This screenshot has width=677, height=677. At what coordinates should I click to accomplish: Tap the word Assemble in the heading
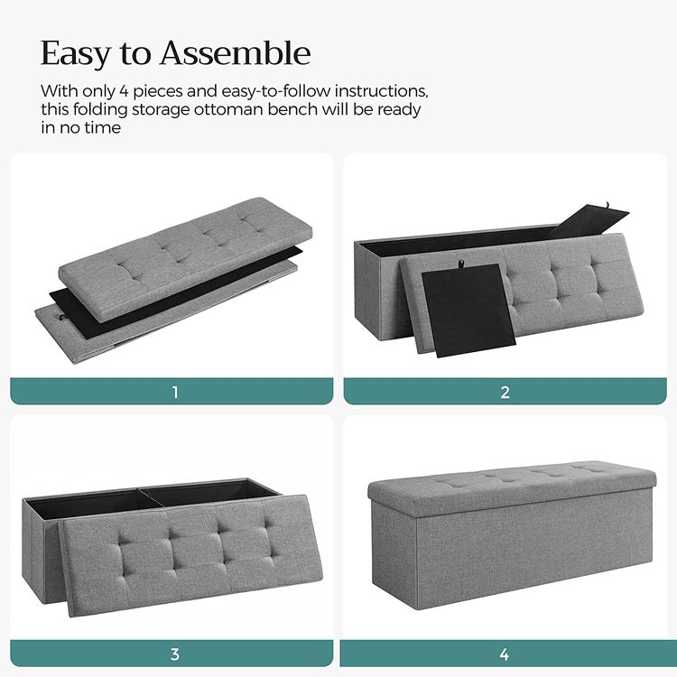coord(236,52)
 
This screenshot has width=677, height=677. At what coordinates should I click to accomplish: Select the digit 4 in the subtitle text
coord(124,91)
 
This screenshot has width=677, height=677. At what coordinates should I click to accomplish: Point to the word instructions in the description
coord(381,91)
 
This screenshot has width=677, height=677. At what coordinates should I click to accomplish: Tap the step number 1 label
coord(175,392)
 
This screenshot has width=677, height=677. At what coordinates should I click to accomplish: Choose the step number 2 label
coord(505,392)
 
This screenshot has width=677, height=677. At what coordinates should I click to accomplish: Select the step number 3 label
coord(174,654)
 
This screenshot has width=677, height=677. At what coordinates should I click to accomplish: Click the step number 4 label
coord(505,654)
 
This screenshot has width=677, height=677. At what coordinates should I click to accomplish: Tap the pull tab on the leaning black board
coord(461,263)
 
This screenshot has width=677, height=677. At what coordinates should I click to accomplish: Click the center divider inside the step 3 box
coord(151,497)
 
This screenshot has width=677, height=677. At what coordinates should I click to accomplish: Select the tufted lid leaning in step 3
coord(190,555)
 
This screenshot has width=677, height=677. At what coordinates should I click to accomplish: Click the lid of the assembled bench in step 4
coord(512,488)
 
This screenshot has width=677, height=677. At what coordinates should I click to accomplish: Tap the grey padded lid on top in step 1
coord(185,259)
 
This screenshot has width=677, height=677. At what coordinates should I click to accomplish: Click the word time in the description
coord(103,128)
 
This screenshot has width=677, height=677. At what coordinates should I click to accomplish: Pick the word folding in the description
coord(100,109)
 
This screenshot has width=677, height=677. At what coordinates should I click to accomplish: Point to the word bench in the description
coord(292,109)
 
